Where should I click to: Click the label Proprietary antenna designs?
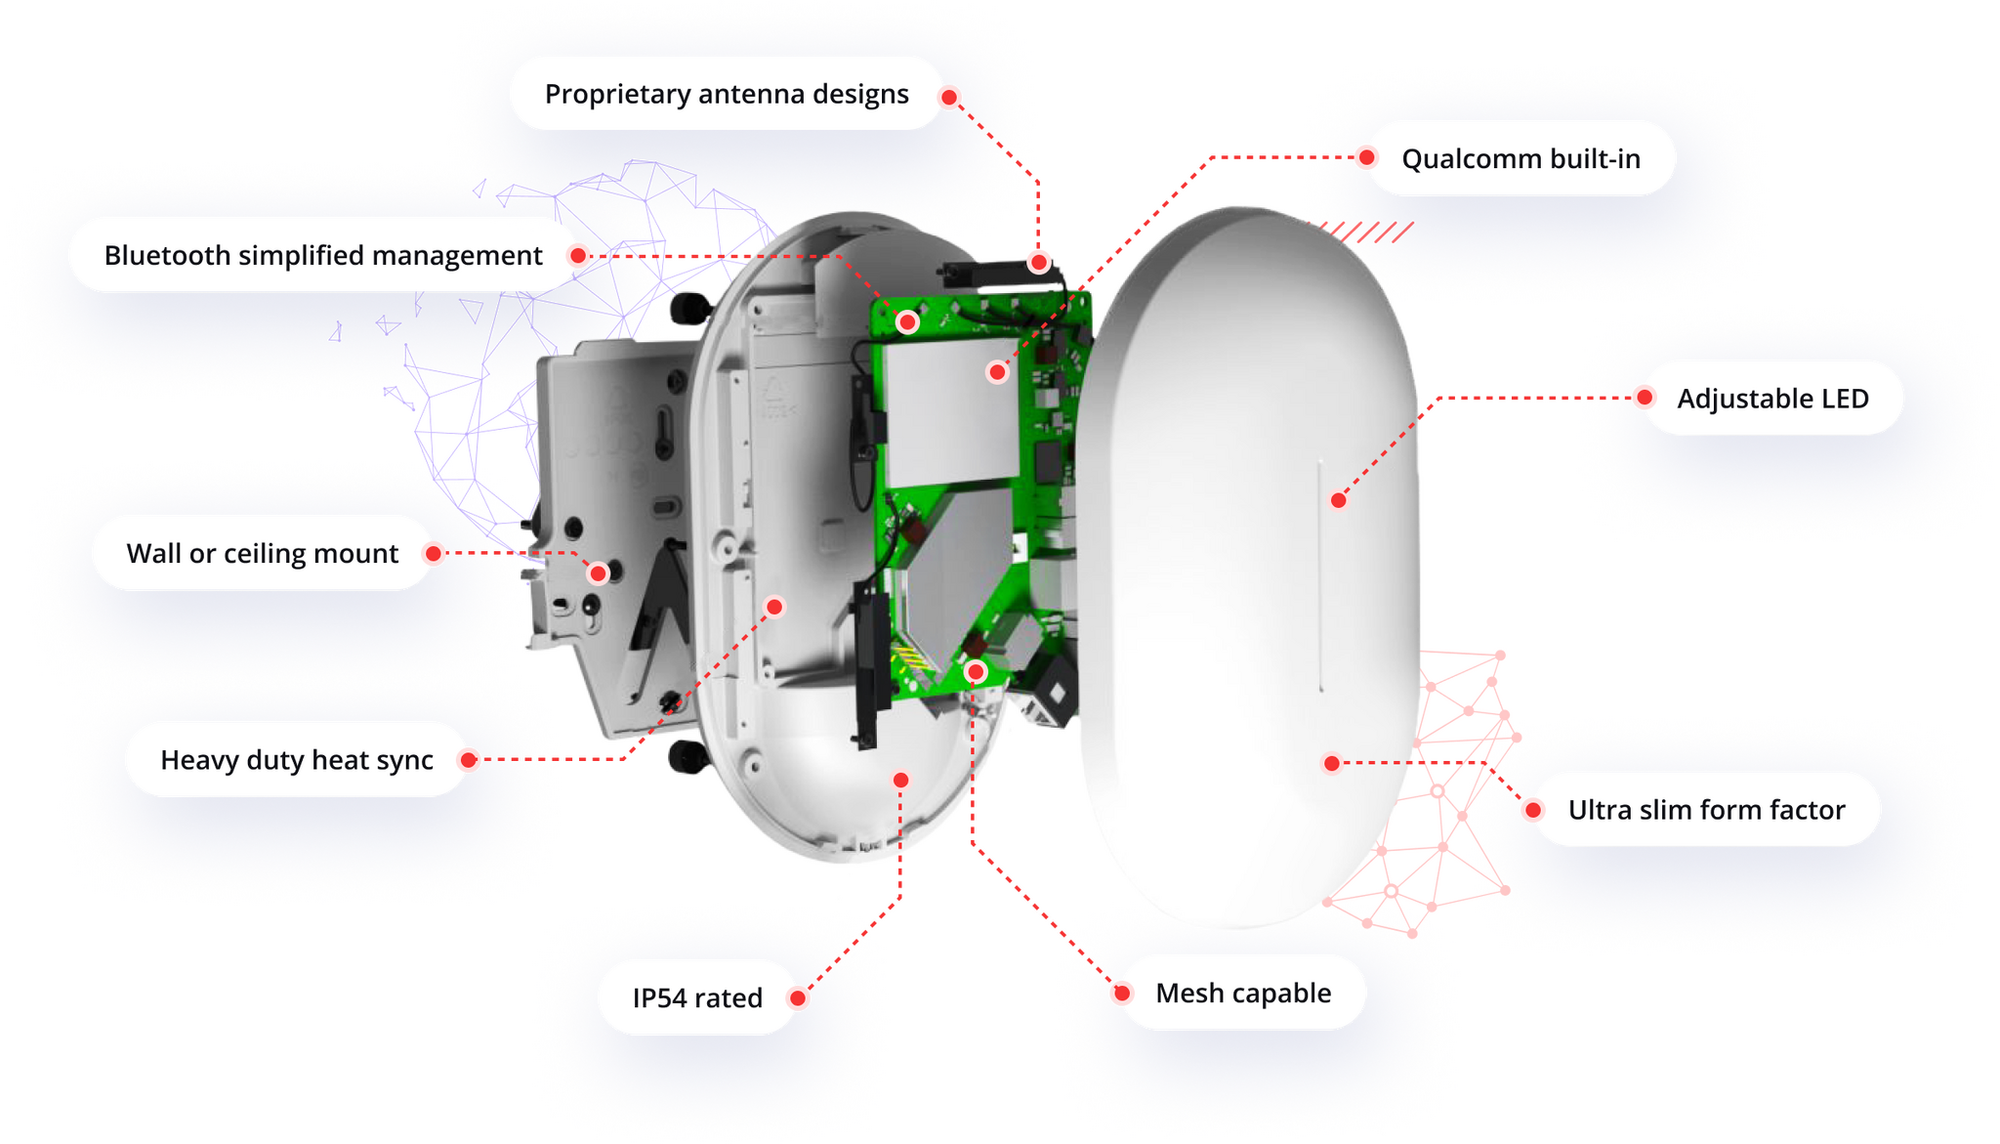(x=727, y=95)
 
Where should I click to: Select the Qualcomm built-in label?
(x=1521, y=158)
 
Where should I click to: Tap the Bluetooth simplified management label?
(x=323, y=256)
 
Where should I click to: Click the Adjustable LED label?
(x=1772, y=399)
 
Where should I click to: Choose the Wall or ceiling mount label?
(x=263, y=554)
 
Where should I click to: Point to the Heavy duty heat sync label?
(x=297, y=760)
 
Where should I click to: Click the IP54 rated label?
(x=697, y=997)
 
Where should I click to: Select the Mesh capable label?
(x=1243, y=994)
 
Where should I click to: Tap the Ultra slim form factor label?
(x=1706, y=810)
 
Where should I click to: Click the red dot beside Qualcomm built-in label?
(x=1367, y=157)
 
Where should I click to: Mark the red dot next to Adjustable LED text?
(x=1645, y=398)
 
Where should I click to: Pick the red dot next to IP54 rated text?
(x=798, y=997)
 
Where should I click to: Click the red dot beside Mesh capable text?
(x=1122, y=994)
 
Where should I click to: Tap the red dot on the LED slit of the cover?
(x=1339, y=500)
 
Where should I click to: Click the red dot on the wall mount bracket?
(x=598, y=573)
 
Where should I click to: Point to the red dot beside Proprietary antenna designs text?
(x=949, y=98)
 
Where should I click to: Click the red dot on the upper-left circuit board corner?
(x=907, y=321)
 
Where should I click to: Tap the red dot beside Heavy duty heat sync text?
(x=469, y=760)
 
